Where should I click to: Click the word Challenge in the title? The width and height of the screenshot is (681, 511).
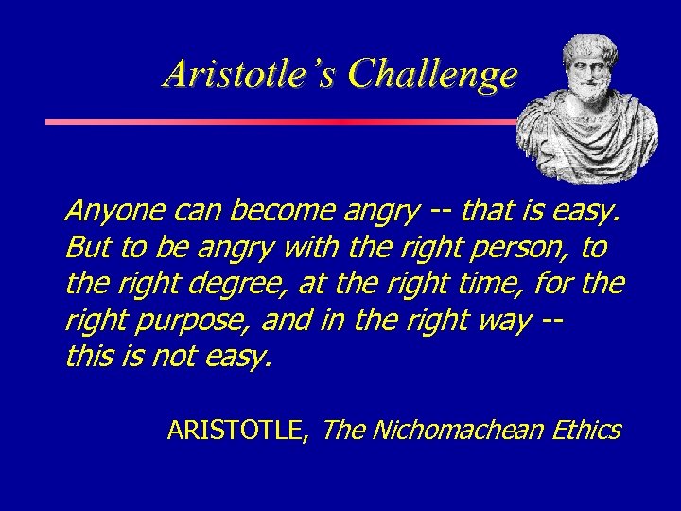pyautogui.click(x=432, y=74)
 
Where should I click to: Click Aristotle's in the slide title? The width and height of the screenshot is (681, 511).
pyautogui.click(x=249, y=74)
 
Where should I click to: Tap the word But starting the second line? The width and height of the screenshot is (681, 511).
pyautogui.click(x=86, y=248)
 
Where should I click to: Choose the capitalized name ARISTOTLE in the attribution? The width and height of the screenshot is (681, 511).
pyautogui.click(x=236, y=432)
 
